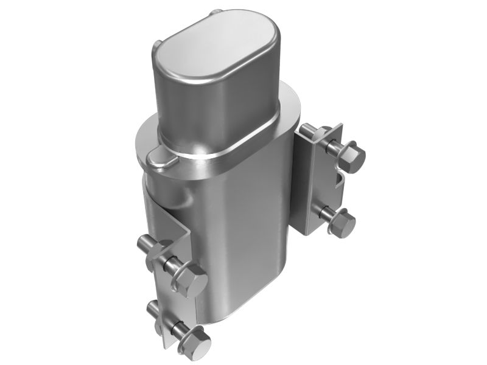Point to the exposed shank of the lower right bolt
[x=328, y=216]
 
